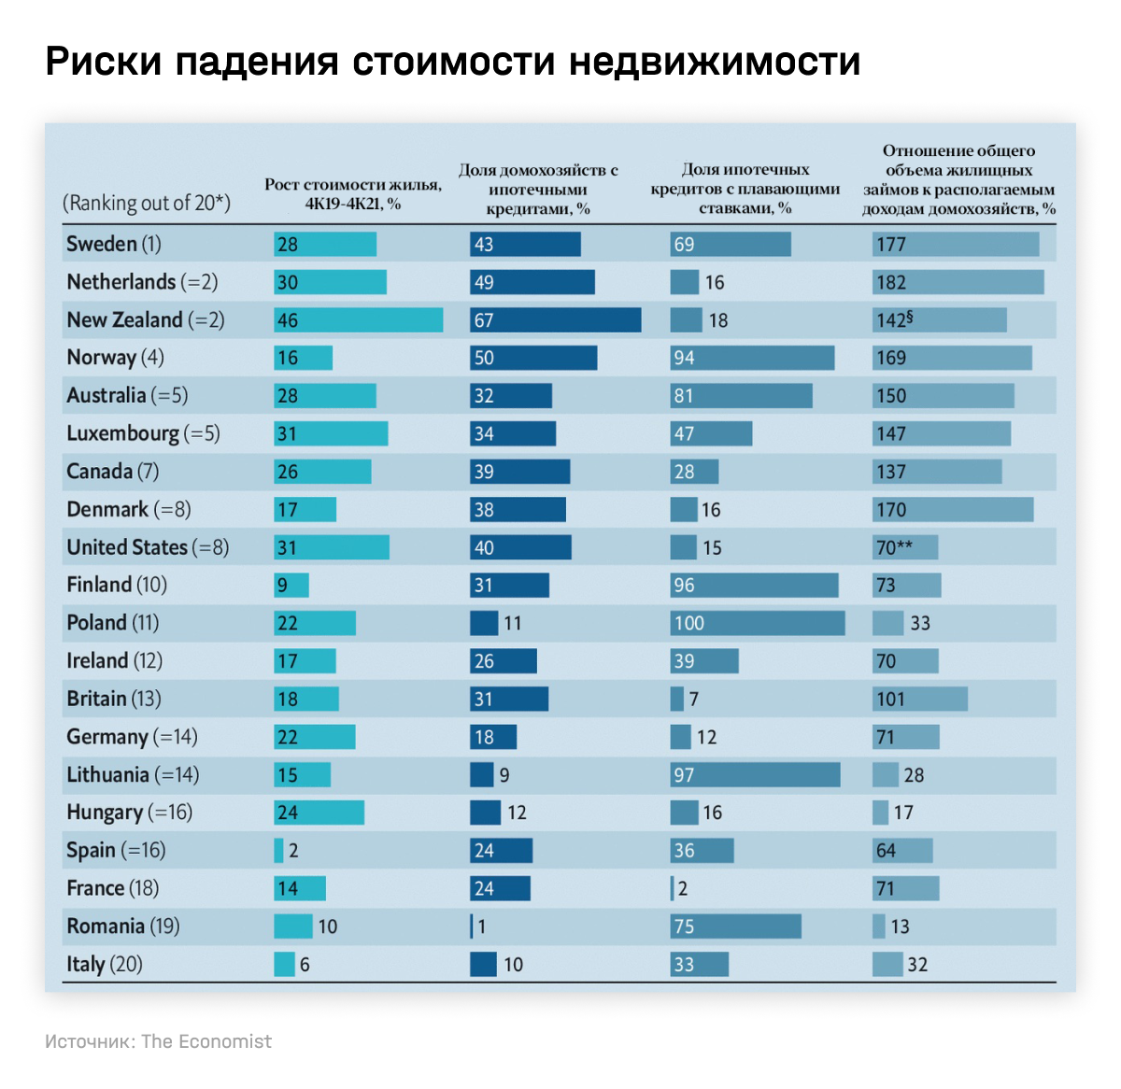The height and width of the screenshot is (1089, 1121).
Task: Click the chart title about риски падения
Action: [x=452, y=62]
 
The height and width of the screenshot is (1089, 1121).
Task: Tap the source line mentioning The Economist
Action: [x=158, y=1041]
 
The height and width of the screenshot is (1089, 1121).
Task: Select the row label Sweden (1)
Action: [x=114, y=244]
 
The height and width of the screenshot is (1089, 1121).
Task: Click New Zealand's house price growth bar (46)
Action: [x=359, y=320]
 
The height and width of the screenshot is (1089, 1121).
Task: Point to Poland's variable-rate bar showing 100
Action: [x=758, y=623]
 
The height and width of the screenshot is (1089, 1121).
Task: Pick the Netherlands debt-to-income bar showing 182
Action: [x=958, y=282]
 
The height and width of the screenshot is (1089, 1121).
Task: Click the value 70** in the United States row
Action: [x=894, y=547]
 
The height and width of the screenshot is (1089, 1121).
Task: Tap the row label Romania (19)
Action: [x=123, y=926]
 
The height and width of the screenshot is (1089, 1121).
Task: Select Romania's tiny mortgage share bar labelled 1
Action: [x=472, y=926]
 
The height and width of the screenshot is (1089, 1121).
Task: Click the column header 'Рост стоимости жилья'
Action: [x=353, y=193]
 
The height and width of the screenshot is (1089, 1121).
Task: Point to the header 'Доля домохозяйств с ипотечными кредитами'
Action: [x=538, y=189]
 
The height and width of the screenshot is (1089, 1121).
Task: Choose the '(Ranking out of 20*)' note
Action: [x=147, y=203]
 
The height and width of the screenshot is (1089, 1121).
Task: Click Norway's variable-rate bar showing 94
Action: [x=752, y=358]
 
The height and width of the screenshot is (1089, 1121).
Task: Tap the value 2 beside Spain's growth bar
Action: [x=293, y=851]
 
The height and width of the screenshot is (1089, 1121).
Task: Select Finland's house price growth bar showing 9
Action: [x=291, y=586]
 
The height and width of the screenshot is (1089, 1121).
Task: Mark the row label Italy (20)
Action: [x=105, y=964]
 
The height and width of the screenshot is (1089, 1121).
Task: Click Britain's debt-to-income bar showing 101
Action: [x=920, y=699]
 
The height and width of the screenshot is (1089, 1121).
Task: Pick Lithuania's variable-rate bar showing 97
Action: [x=755, y=775]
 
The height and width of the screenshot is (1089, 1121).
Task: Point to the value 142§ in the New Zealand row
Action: [x=894, y=320]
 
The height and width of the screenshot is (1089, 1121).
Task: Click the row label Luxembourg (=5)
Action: [x=143, y=433]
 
